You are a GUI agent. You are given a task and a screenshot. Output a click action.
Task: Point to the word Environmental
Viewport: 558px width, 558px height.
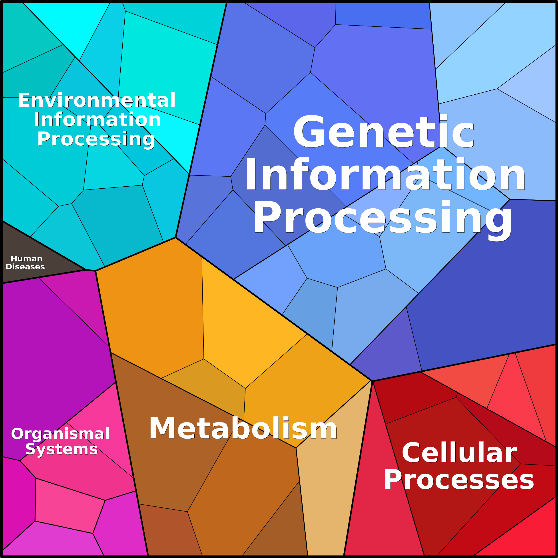point(97,100)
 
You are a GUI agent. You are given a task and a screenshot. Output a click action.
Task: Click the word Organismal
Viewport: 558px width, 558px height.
point(60,434)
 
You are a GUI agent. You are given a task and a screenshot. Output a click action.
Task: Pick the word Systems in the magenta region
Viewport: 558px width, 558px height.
point(62,449)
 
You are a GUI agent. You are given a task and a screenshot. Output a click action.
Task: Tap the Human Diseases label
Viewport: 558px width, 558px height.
point(25,263)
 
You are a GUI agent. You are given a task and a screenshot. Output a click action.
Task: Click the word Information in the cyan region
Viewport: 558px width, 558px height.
point(97,120)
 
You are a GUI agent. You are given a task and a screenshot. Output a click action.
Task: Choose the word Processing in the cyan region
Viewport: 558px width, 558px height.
point(96,139)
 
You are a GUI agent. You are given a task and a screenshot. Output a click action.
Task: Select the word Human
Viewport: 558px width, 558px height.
point(27,259)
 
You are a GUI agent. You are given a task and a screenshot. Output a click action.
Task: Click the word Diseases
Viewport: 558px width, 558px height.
point(25,267)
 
